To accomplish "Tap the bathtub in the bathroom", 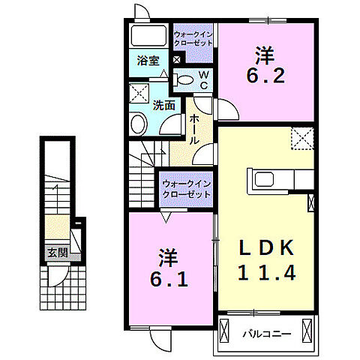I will pyautogui.click(x=149, y=36).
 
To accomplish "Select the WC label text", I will pyautogui.click(x=202, y=79).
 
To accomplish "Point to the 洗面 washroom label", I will pyautogui.click(x=163, y=106).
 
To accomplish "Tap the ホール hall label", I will pyautogui.click(x=193, y=130).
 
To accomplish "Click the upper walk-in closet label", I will pyautogui.click(x=193, y=38).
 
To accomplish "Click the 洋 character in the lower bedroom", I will pyautogui.click(x=168, y=257).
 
